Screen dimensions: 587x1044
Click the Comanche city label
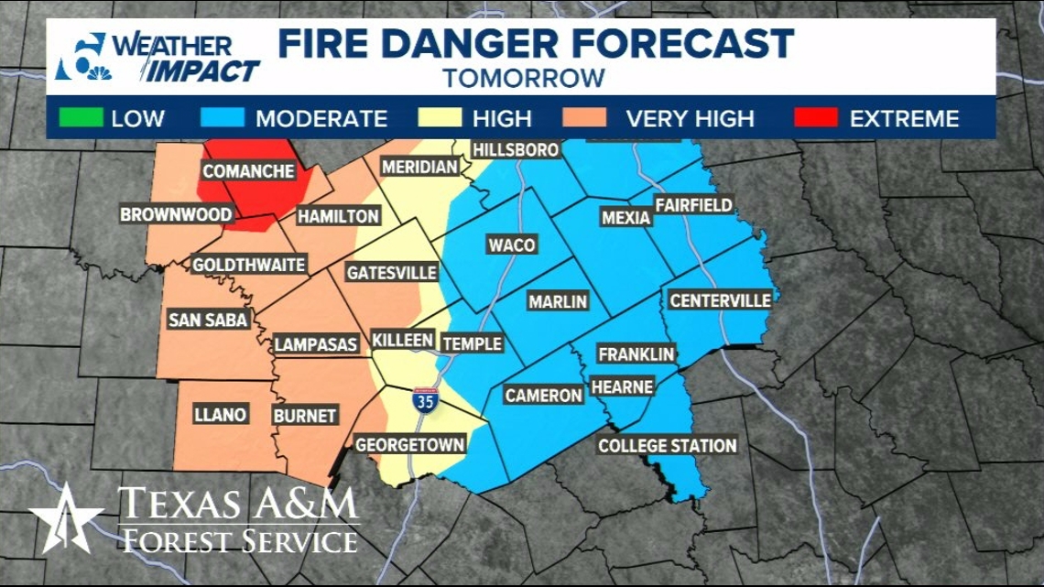point(248,171)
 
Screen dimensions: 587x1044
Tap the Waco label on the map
point(511,245)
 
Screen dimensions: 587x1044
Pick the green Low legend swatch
point(78,118)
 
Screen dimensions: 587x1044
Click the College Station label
point(667,446)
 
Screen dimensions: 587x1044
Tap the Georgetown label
point(409,445)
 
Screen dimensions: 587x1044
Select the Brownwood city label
point(177,215)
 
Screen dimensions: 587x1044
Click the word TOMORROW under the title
point(524,78)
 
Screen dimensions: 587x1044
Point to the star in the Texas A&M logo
point(66,519)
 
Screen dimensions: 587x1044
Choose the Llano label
point(220,415)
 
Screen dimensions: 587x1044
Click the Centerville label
point(720,300)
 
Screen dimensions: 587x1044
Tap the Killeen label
point(402,340)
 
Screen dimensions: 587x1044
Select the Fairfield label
point(693,205)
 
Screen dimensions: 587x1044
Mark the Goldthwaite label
point(248,265)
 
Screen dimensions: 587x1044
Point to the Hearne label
point(622,387)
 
